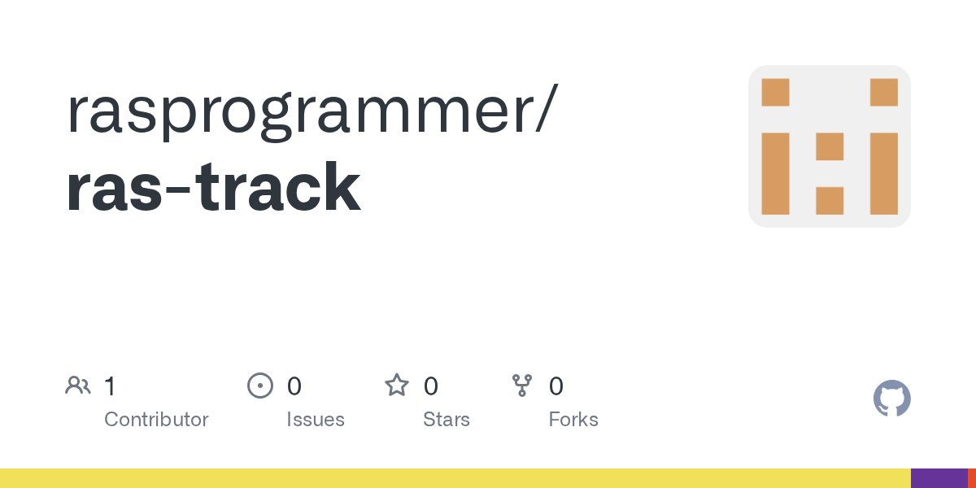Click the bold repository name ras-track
click(213, 188)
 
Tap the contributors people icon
click(77, 386)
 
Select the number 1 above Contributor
click(110, 386)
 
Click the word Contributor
click(156, 420)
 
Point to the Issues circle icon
click(259, 386)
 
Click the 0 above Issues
click(294, 386)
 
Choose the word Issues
click(315, 420)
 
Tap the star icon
click(396, 385)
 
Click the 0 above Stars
click(431, 386)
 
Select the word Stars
click(446, 420)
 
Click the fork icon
click(521, 386)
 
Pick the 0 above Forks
click(556, 386)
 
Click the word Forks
click(573, 420)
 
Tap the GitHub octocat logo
click(891, 399)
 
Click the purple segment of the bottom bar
click(939, 478)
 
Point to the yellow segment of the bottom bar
click(455, 478)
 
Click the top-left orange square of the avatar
click(775, 92)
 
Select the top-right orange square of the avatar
click(883, 92)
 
